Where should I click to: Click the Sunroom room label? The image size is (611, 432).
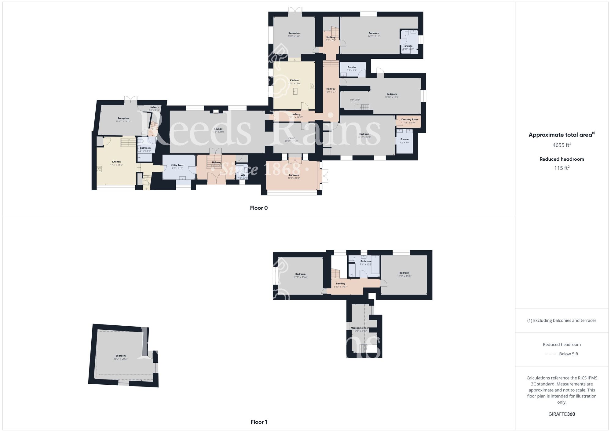(294, 175)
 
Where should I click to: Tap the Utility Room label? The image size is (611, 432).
(177, 165)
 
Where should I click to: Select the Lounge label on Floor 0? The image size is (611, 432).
(218, 129)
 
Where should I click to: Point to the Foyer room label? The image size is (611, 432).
(291, 138)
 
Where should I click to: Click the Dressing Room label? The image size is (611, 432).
(410, 119)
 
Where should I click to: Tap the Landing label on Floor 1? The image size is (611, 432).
(340, 284)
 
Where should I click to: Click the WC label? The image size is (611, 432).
(243, 175)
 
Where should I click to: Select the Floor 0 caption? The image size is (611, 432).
(259, 208)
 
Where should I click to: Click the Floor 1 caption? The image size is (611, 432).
(259, 422)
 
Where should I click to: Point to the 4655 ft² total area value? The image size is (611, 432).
(562, 145)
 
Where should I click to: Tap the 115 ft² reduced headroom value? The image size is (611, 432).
(562, 168)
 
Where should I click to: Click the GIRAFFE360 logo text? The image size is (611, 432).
(562, 414)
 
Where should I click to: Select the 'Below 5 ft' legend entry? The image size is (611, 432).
(568, 354)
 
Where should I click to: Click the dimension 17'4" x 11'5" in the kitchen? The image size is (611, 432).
(116, 165)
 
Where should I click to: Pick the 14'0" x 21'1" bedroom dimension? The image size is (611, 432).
(374, 36)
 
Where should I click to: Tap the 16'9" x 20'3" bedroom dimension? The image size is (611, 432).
(121, 359)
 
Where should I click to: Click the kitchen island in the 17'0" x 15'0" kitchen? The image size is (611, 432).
(295, 91)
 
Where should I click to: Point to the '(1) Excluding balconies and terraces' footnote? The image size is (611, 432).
(562, 320)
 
